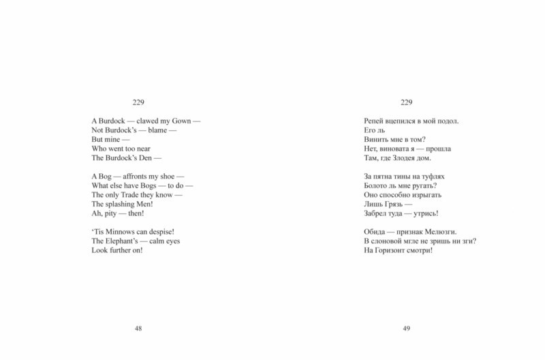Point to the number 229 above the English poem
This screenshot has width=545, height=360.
138,102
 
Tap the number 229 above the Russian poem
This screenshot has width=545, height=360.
407,102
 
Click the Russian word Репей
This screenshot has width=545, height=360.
375,121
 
